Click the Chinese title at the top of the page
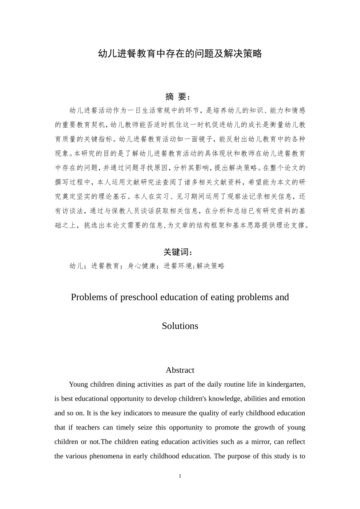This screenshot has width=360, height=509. [180, 54]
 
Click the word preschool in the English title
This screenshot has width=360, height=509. [139, 297]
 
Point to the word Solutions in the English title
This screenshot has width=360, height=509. [180, 326]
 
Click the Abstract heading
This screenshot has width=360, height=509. [180, 370]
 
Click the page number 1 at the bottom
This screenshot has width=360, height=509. [180, 476]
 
